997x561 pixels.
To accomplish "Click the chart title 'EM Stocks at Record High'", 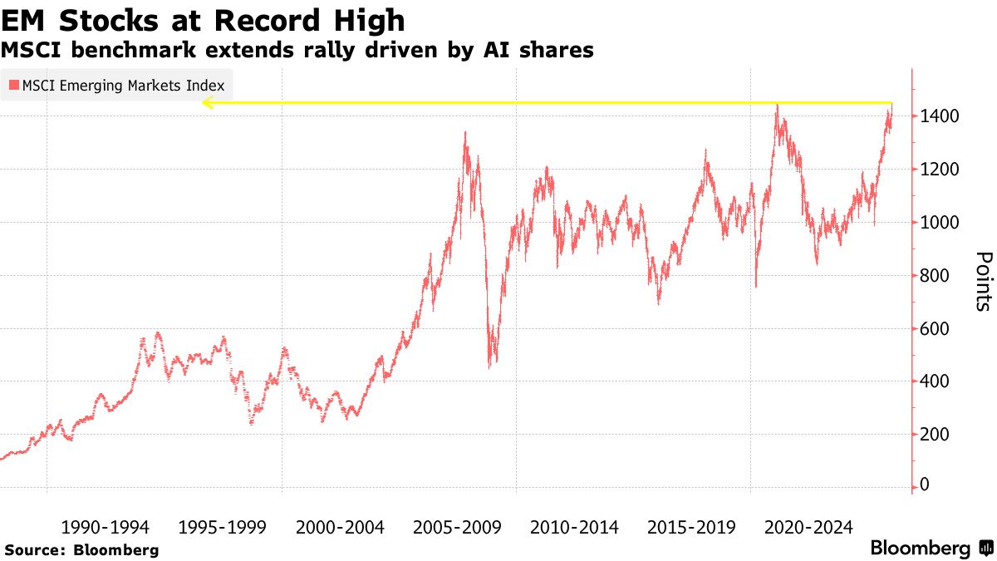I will tap(204, 20).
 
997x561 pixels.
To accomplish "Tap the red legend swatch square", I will tap(14, 85).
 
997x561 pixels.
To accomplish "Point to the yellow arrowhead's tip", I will tap(203, 103).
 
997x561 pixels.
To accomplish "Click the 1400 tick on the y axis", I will tap(939, 116).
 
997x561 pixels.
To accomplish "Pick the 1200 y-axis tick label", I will tap(939, 170).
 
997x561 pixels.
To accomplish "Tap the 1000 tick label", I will tap(939, 223).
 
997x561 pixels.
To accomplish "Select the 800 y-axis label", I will tap(935, 276).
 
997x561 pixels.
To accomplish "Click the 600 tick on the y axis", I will tap(935, 329).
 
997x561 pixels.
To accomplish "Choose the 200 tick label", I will tap(935, 435).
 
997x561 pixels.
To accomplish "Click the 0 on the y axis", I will tap(925, 485).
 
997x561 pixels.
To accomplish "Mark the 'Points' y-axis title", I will tap(983, 281).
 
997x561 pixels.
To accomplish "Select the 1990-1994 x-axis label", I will tap(106, 527).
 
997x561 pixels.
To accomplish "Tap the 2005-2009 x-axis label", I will tap(457, 527).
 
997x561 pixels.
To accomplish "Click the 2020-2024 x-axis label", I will tap(808, 527).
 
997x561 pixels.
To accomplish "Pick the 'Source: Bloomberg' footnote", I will tap(81, 550).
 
